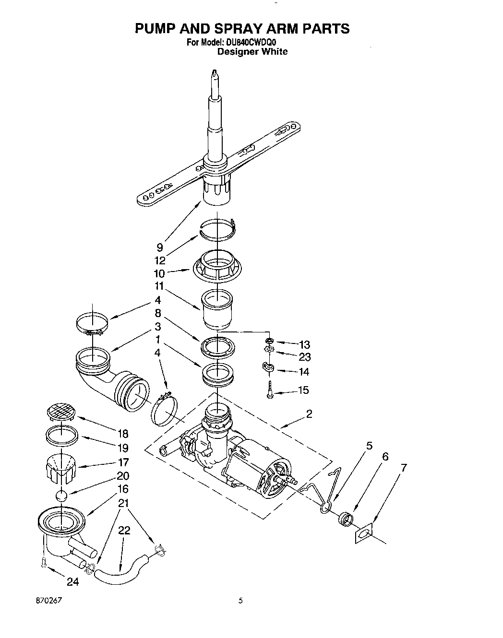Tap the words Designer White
click(252, 52)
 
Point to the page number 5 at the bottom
click(241, 600)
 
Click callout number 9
click(160, 248)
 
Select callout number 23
click(304, 357)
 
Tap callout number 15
click(303, 390)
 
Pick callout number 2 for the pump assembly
click(309, 414)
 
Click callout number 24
click(72, 583)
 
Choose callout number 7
click(404, 467)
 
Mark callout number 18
click(123, 434)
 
